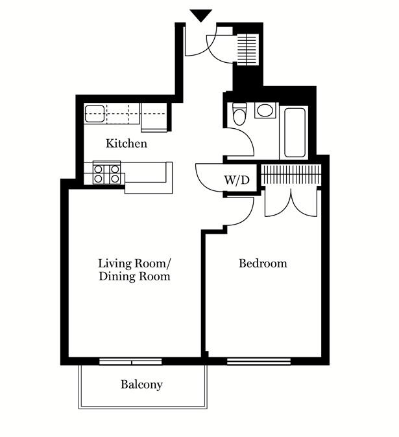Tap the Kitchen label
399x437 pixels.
pyautogui.click(x=127, y=144)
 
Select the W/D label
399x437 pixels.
pyautogui.click(x=237, y=179)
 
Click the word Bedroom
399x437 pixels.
pyautogui.click(x=263, y=263)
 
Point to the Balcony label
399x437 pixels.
pyautogui.click(x=141, y=385)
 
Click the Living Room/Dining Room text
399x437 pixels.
pyautogui.click(x=134, y=270)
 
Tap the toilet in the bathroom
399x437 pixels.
pyautogui.click(x=239, y=114)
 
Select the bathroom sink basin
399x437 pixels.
pyautogui.click(x=265, y=111)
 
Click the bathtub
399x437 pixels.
pyautogui.click(x=295, y=133)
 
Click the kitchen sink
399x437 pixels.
pyautogui.click(x=95, y=114)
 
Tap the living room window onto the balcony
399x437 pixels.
pyautogui.click(x=130, y=361)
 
